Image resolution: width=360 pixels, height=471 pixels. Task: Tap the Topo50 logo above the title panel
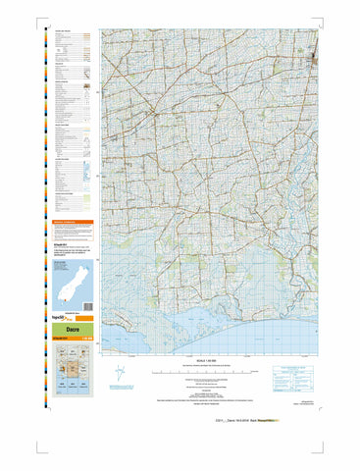(62, 319)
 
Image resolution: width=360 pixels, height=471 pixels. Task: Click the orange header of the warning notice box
(70, 223)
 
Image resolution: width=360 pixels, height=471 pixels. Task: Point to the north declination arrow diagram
(146, 372)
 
